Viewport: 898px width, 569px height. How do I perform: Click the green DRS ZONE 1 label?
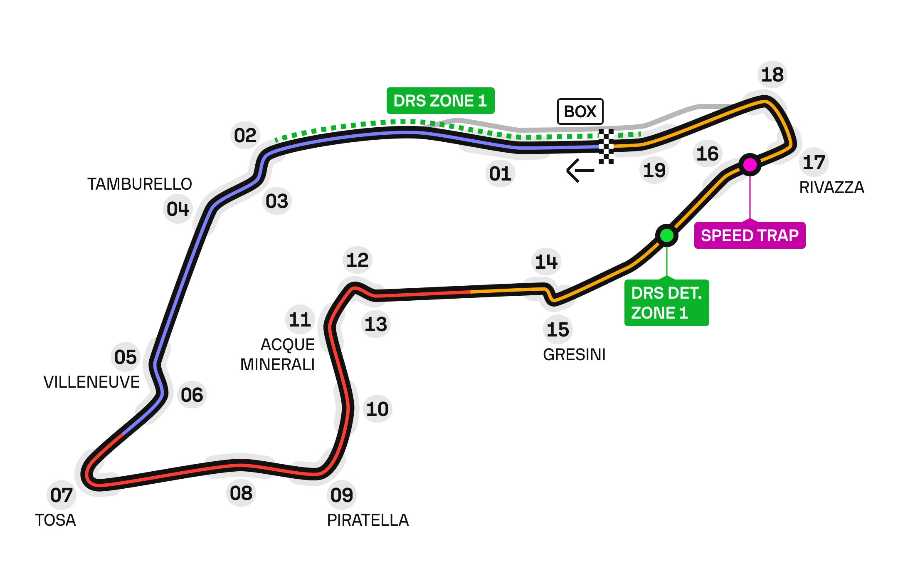coord(440,101)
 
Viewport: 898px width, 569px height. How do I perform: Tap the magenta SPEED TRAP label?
coord(750,235)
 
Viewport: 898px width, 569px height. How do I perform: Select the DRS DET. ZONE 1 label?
coord(666,303)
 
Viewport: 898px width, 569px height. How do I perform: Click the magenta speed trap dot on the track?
coord(750,165)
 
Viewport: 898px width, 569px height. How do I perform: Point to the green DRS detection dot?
coord(666,235)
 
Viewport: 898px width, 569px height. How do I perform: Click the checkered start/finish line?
coord(606,147)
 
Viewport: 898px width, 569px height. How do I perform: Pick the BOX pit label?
coord(580,111)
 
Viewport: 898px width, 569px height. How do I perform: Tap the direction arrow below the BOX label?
coord(580,171)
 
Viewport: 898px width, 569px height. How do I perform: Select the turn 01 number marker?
coord(500,173)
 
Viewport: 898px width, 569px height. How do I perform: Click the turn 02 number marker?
coord(245,135)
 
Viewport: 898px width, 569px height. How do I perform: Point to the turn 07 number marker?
coord(61,495)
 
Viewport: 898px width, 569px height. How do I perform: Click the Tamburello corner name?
coord(141,183)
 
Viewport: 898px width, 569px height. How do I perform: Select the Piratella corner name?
coord(367,519)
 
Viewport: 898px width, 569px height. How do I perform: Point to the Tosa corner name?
coord(56,520)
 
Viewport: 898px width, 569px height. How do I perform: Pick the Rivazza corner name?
coord(831,187)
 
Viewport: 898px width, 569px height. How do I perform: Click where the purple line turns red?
coord(123,434)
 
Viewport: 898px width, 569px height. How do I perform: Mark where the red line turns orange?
coord(471,292)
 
